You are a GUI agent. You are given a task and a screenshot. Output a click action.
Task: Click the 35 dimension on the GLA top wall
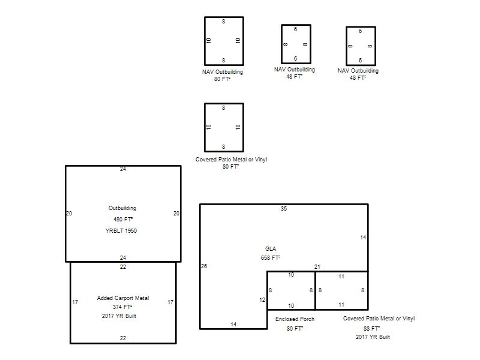coord(284,208)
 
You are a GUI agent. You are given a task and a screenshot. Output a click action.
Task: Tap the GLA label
coord(271,248)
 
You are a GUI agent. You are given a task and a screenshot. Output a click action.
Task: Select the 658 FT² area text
coord(271,258)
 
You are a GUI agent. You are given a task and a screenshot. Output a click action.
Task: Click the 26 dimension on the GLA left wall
coord(204,266)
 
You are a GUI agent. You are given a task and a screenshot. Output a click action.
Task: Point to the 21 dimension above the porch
coord(317,267)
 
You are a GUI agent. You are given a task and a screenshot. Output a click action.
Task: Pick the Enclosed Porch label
coord(295,319)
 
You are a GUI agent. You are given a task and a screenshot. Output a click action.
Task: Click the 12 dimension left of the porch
coord(262,299)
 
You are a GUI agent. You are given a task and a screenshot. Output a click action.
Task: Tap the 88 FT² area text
coord(371,328)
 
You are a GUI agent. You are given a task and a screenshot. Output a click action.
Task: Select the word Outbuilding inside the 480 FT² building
coord(122,208)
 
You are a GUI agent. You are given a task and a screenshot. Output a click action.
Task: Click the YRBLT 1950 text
coord(121,231)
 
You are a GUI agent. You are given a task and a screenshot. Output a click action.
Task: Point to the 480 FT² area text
coord(123,220)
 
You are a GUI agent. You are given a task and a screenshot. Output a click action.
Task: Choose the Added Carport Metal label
coord(123,298)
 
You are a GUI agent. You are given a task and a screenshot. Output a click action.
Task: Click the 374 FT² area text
coord(122,307)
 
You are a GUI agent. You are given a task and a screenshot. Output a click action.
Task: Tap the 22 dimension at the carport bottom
coord(123,338)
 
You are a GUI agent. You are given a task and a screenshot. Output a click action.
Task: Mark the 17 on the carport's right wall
coord(170,302)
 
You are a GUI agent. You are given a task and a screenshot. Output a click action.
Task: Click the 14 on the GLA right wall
coord(363,237)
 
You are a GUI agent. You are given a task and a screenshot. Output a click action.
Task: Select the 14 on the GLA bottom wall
coord(233,324)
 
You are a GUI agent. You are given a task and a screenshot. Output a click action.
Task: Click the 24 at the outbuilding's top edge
coord(123,169)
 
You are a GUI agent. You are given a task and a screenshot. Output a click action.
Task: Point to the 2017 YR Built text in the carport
coord(119,316)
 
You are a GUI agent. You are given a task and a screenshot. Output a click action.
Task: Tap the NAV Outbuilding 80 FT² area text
coord(222,79)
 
